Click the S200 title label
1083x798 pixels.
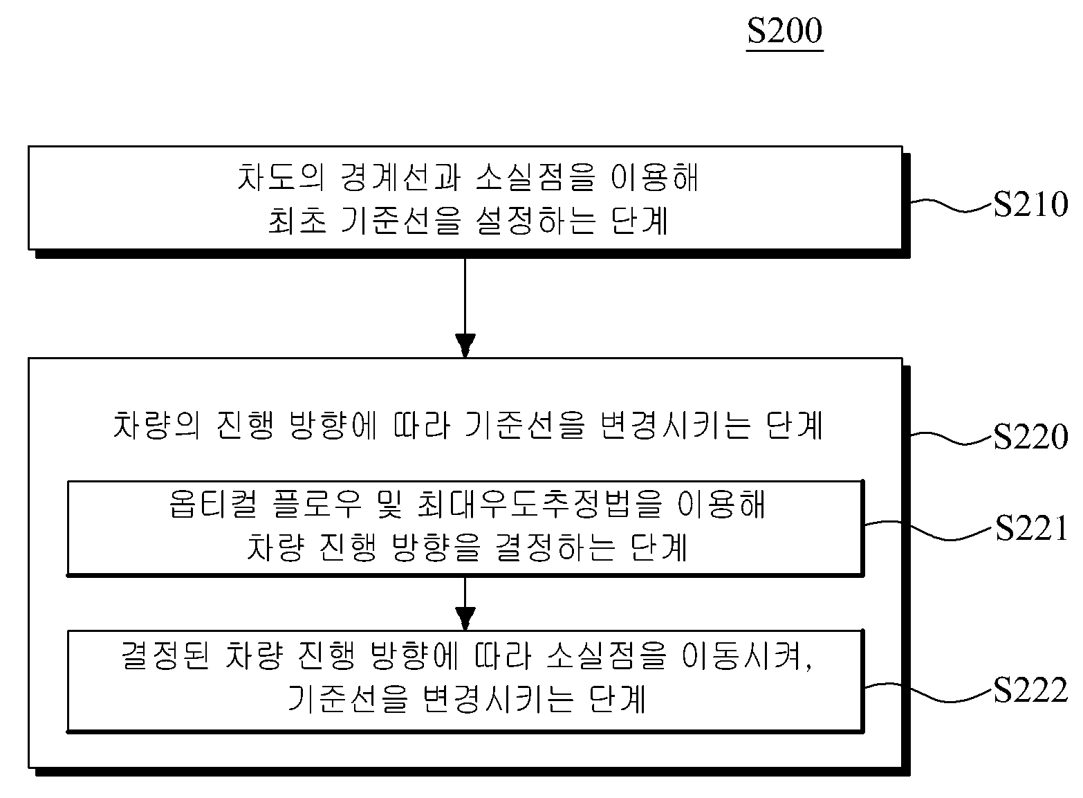click(784, 31)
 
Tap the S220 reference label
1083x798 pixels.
click(1030, 436)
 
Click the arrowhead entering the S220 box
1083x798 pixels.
click(465, 345)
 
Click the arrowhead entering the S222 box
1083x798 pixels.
click(465, 619)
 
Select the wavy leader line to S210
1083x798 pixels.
click(952, 205)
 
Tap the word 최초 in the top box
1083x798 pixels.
click(297, 221)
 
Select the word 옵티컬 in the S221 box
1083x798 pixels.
click(213, 504)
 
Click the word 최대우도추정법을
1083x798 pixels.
click(539, 504)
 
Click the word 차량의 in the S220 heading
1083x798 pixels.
click(156, 426)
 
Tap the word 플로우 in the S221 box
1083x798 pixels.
click(317, 504)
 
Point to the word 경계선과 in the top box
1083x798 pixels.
click(400, 177)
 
